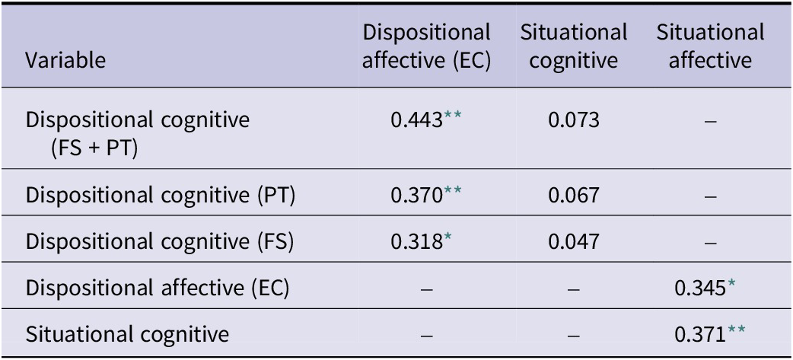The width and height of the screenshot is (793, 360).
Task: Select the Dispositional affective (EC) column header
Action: (426, 47)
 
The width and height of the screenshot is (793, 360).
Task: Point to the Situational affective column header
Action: (710, 47)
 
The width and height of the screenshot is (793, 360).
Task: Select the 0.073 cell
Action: (573, 121)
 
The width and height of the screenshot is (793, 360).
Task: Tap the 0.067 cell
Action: (573, 196)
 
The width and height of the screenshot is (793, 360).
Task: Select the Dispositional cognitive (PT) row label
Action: (161, 196)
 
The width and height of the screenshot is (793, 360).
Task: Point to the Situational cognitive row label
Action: (127, 333)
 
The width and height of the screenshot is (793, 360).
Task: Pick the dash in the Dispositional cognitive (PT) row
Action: (710, 196)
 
